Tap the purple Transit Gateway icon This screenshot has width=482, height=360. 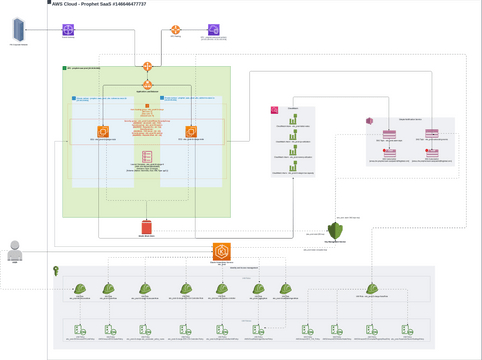(68, 31)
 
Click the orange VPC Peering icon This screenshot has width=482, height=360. (174, 30)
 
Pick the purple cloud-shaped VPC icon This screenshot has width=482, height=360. (213, 30)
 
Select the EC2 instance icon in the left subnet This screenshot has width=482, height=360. (102, 132)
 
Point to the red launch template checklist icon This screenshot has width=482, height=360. (146, 158)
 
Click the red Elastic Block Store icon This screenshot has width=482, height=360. (146, 227)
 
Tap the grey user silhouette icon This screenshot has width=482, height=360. (15, 251)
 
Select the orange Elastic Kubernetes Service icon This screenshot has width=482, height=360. (221, 251)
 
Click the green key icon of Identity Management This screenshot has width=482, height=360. (57, 270)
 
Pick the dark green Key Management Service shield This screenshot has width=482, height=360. (337, 232)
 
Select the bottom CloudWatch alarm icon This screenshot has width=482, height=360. (293, 166)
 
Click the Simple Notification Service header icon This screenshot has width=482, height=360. (369, 120)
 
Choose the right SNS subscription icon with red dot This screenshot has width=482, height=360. (432, 154)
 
